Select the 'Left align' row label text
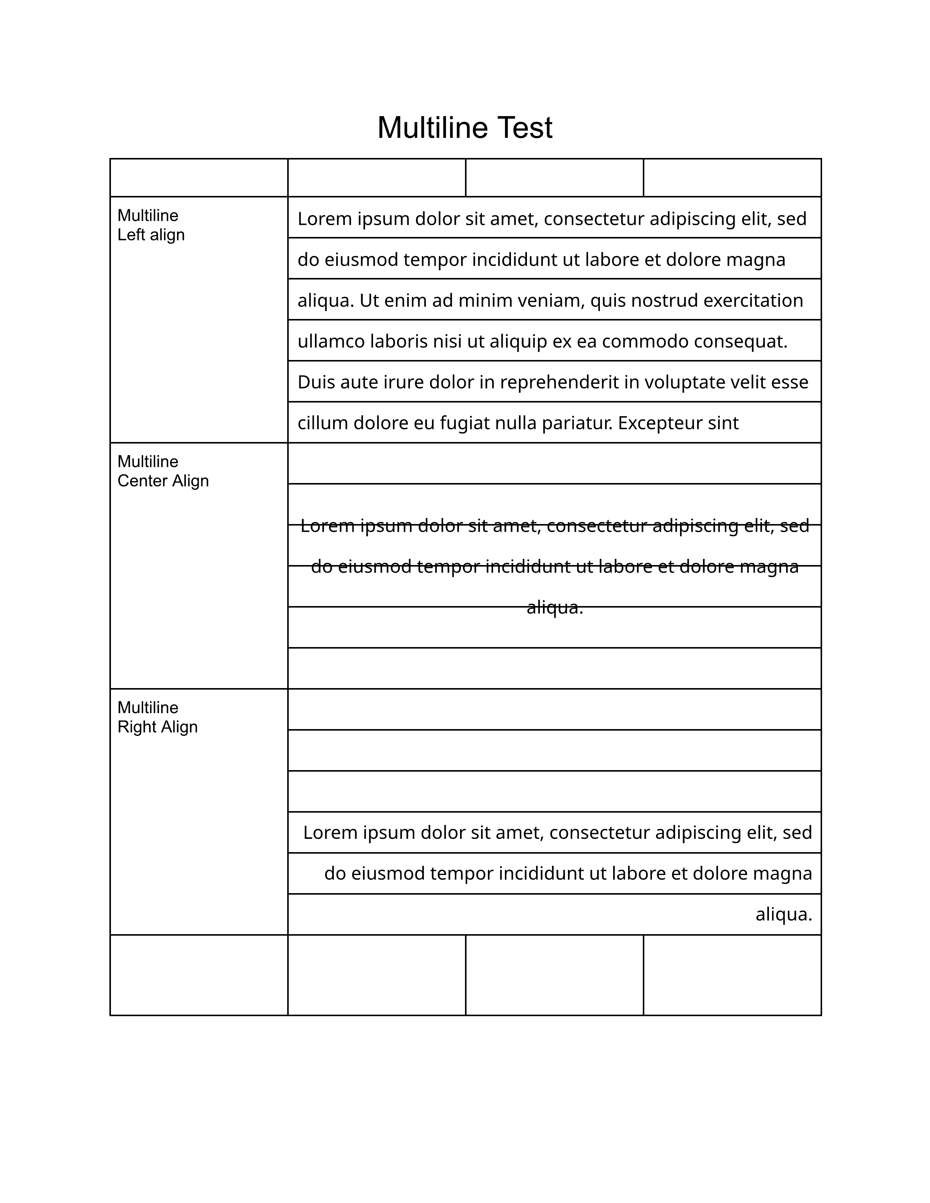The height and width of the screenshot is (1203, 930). (151, 235)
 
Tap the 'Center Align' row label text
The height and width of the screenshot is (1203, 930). (163, 481)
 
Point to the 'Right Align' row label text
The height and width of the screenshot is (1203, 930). (158, 727)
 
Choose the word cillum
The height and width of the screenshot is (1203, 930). (322, 423)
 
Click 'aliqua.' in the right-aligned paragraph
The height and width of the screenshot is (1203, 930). (783, 914)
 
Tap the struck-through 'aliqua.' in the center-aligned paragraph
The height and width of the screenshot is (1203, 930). (554, 608)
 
